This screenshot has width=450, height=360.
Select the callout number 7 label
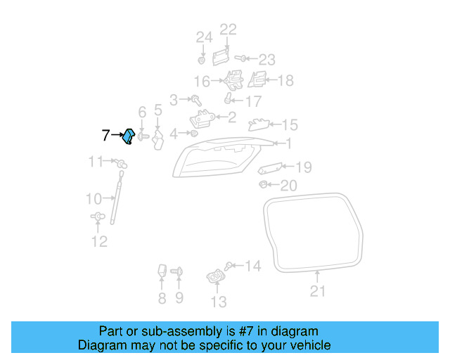105,136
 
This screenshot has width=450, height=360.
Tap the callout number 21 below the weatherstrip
318,290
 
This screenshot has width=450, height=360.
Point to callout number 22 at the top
229,30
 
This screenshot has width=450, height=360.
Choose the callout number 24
203,37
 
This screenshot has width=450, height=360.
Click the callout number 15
290,125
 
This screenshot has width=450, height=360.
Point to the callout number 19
302,167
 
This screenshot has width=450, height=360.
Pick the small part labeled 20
262,185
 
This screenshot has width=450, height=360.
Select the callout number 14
252,266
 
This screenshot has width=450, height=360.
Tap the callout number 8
162,300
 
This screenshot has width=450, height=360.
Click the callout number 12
99,242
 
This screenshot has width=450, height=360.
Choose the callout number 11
96,162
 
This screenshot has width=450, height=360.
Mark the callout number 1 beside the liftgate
288,143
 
